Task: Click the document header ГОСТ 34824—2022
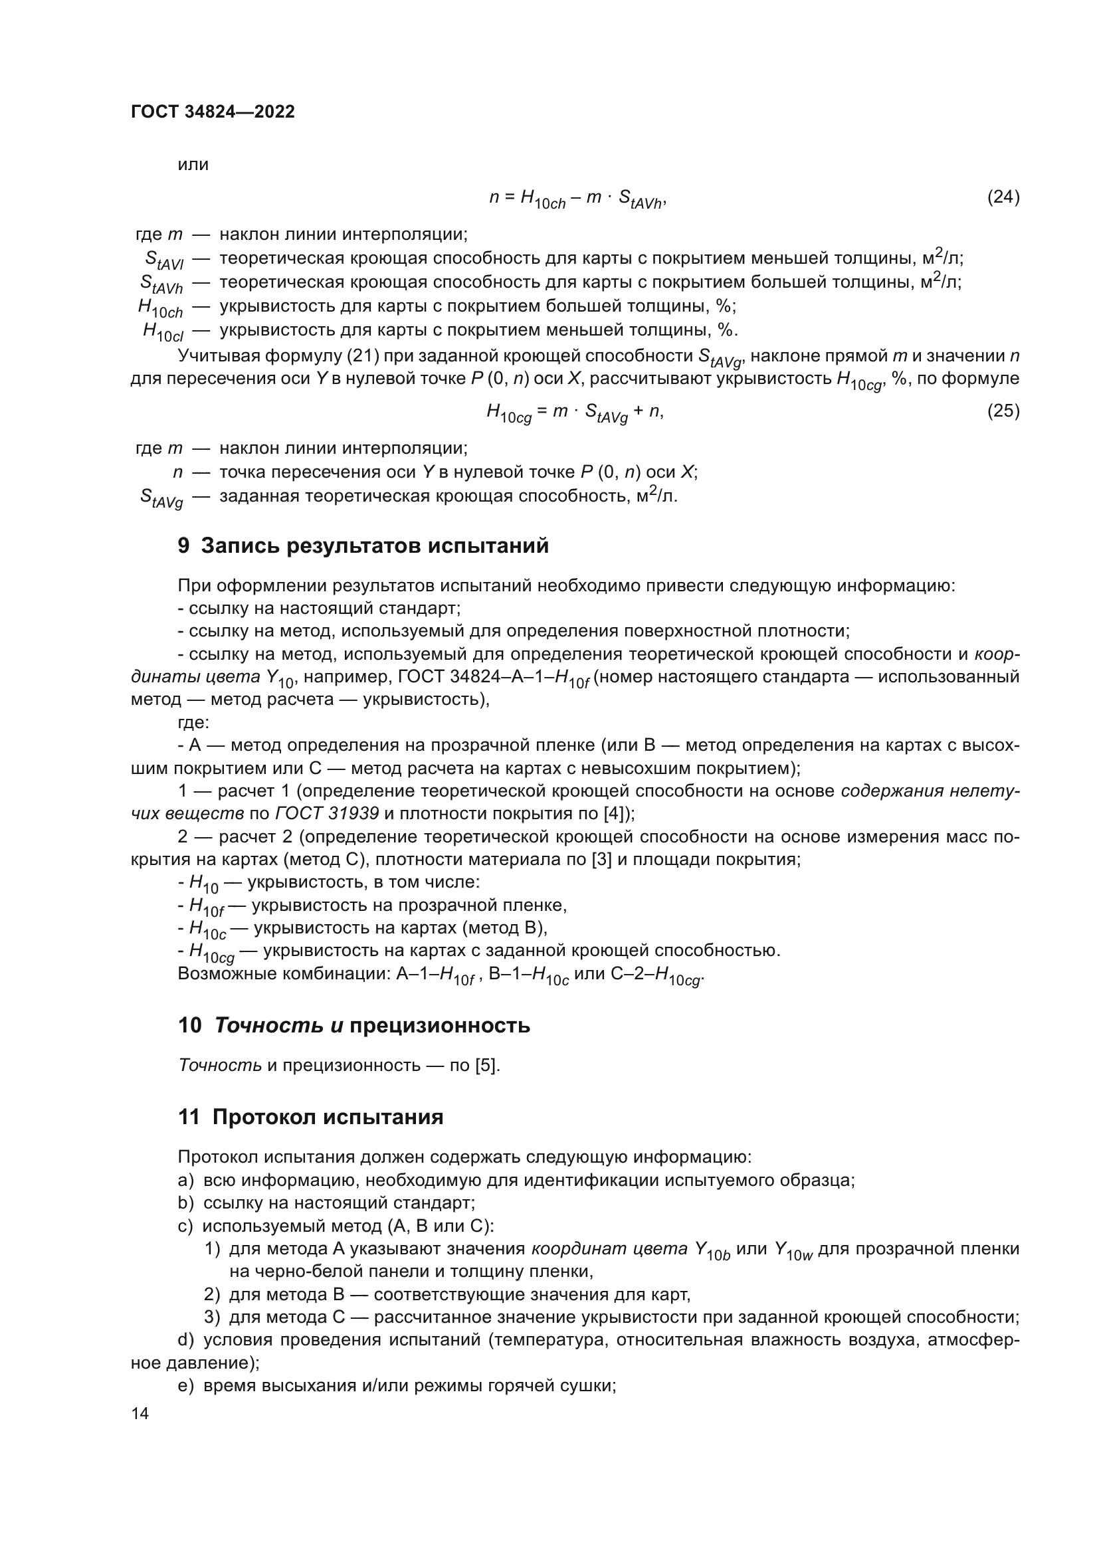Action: coord(213,112)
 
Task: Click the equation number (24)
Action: coord(1003,197)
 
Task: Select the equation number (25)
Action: coord(1003,411)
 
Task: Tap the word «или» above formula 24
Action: coord(193,165)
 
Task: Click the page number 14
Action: coord(140,1414)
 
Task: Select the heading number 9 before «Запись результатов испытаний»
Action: coord(183,545)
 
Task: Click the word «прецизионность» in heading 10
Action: coord(440,1025)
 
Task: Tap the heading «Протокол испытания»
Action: coord(328,1117)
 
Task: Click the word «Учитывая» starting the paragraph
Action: coord(218,356)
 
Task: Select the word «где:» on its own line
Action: coord(193,722)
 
